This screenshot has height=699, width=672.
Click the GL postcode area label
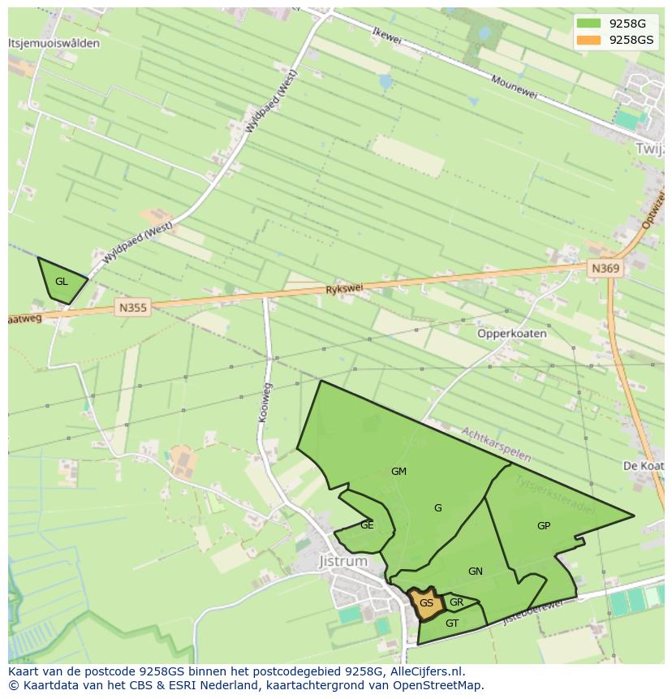(x=62, y=282)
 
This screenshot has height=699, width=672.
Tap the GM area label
(x=398, y=472)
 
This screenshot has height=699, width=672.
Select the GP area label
(x=544, y=526)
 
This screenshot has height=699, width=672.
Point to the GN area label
(x=476, y=572)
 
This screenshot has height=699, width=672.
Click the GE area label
(x=367, y=525)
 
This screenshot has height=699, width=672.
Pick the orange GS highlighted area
(x=426, y=603)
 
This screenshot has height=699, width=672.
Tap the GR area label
(x=456, y=602)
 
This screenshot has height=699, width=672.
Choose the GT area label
(x=452, y=623)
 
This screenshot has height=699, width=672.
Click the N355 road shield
(x=133, y=307)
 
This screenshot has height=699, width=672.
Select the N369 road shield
(x=605, y=268)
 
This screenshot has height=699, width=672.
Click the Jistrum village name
(x=343, y=561)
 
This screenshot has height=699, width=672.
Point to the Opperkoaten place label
(x=511, y=334)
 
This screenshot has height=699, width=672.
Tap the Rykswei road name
(x=345, y=289)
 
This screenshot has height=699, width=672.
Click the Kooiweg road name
(x=265, y=403)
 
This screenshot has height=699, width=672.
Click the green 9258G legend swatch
(x=588, y=24)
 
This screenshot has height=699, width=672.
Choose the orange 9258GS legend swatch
(x=588, y=40)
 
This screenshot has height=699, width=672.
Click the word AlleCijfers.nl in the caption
(x=425, y=671)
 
